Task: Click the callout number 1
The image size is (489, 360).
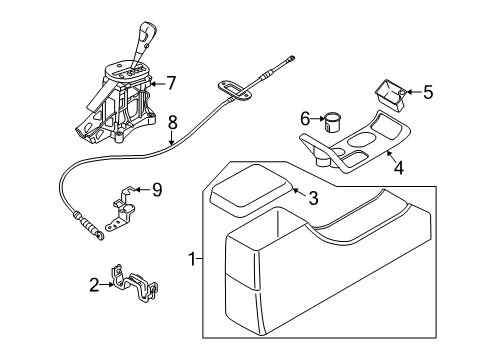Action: point(192,259)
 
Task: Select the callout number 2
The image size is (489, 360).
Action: point(94,285)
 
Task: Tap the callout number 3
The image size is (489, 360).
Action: point(313,198)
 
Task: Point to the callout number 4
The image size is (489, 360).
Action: point(399,168)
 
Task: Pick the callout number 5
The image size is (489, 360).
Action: point(428,92)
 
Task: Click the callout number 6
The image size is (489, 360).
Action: point(305,118)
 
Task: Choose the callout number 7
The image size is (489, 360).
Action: point(171,83)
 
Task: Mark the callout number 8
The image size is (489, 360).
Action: point(172,123)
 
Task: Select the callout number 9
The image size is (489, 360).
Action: point(157,190)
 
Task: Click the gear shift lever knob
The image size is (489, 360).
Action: point(147,33)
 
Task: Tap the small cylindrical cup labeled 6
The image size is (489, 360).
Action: point(331,122)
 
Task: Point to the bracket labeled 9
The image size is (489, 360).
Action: point(121,209)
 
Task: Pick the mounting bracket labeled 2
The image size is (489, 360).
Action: point(134,283)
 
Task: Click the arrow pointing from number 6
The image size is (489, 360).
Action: point(317,118)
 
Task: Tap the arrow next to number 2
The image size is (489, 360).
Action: point(107,284)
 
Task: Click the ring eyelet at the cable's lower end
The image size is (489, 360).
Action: point(100,236)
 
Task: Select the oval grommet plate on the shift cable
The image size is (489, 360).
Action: point(235,90)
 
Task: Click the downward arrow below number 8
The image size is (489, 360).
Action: point(172,138)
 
